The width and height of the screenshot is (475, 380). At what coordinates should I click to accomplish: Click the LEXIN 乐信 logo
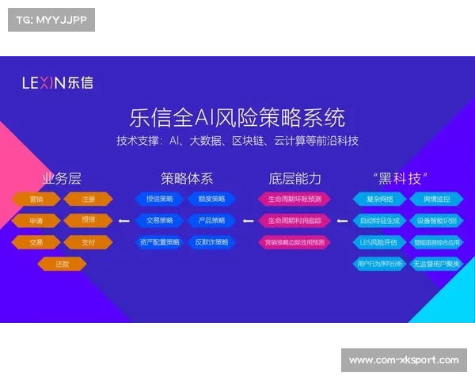pyautogui.click(x=57, y=82)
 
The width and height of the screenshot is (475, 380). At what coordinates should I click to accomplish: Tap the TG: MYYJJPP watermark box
pyautogui.click(x=51, y=19)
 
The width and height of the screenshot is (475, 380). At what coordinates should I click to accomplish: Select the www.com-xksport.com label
pyautogui.click(x=403, y=360)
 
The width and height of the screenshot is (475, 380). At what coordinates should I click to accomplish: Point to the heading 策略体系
pyautogui.click(x=186, y=178)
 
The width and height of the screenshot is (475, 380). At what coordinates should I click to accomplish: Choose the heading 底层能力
pyautogui.click(x=294, y=178)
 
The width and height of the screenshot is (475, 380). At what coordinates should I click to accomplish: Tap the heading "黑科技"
pyautogui.click(x=406, y=178)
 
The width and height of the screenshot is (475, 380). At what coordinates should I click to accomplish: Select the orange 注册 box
pyautogui.click(x=88, y=199)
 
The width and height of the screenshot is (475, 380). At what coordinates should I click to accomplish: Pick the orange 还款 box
pyautogui.click(x=62, y=264)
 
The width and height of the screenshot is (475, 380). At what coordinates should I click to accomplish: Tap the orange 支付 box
pyautogui.click(x=88, y=242)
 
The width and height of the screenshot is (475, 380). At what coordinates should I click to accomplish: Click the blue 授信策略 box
pyautogui.click(x=159, y=199)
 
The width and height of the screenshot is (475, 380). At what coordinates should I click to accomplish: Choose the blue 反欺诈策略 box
pyautogui.click(x=211, y=242)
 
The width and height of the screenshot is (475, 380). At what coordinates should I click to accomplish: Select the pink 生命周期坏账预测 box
pyautogui.click(x=294, y=199)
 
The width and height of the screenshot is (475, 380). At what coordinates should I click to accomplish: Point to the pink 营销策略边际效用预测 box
pyautogui.click(x=294, y=242)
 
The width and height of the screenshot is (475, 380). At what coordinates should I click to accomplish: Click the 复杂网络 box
pyautogui.click(x=378, y=199)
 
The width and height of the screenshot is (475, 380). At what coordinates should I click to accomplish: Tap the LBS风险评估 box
pyautogui.click(x=378, y=242)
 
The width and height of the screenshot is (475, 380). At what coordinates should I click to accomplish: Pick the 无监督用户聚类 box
pyautogui.click(x=435, y=264)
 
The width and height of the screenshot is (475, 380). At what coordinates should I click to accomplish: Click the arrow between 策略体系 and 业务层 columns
pyautogui.click(x=123, y=221)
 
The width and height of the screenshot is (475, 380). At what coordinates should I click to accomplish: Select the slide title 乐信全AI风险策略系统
pyautogui.click(x=237, y=118)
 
